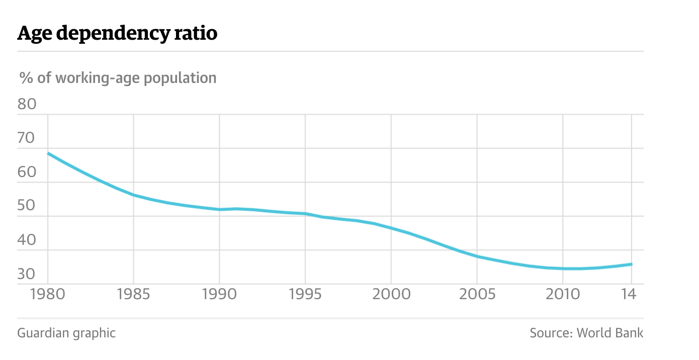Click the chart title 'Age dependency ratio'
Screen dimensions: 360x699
[x=117, y=33]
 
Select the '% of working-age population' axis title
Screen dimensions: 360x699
[x=118, y=78]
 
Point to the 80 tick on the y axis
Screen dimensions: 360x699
[x=27, y=104]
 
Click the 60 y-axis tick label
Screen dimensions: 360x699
[x=27, y=172]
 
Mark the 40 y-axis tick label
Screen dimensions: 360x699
[x=27, y=240]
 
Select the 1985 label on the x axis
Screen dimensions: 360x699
[x=133, y=294]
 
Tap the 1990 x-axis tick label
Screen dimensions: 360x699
[x=219, y=294]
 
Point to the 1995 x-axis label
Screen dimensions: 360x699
[x=305, y=294]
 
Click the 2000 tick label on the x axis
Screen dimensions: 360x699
[x=391, y=294]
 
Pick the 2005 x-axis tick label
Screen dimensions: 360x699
[x=477, y=294]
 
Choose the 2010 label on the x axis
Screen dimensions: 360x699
[x=562, y=294]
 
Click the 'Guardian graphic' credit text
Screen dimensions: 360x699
[x=66, y=333]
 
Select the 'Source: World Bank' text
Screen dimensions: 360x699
[x=586, y=333]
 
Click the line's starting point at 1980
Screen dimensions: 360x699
[x=48, y=153]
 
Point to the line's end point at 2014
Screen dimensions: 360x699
[x=631, y=264]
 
